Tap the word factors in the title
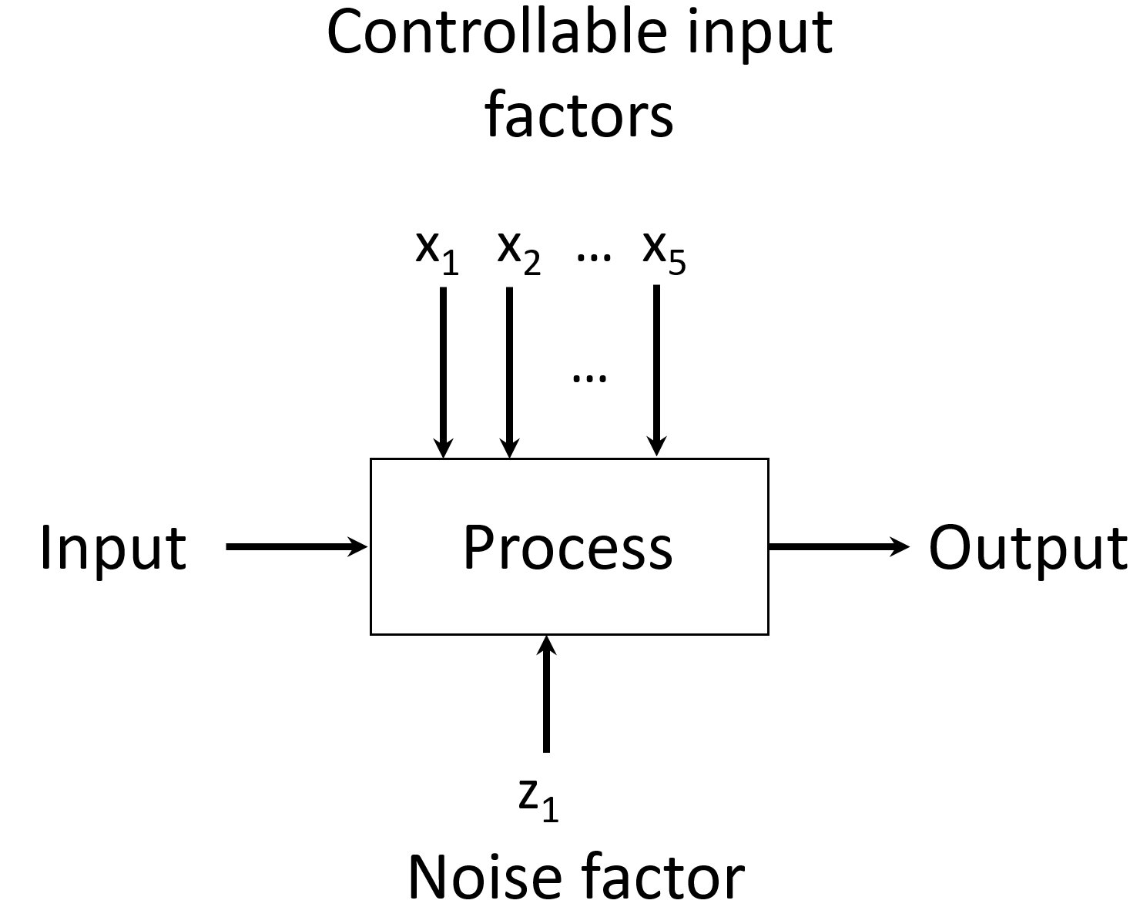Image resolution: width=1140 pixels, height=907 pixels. pos(579,116)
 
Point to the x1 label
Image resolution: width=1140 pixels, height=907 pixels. pos(437,251)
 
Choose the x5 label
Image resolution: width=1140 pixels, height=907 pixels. pos(664,251)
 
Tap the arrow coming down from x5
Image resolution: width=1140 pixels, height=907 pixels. pos(656,370)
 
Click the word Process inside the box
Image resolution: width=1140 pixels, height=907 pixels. pos(568,547)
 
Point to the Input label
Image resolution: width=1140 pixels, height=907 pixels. pos(113,547)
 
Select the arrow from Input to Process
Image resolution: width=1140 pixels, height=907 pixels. pos(297,547)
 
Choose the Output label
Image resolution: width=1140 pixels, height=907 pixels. pos(1028,549)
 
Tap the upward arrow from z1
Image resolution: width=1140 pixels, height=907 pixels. pos(546,693)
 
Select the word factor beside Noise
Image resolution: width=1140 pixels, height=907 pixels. pos(662,877)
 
